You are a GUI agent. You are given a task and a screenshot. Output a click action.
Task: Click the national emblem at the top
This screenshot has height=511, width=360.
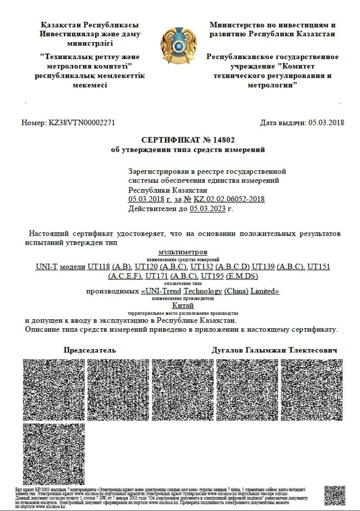click(x=179, y=47)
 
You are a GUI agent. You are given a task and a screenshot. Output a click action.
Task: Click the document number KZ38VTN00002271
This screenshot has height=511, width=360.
click(x=83, y=123)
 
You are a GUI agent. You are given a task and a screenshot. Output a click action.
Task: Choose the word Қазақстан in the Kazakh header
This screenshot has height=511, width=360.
click(x=61, y=25)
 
